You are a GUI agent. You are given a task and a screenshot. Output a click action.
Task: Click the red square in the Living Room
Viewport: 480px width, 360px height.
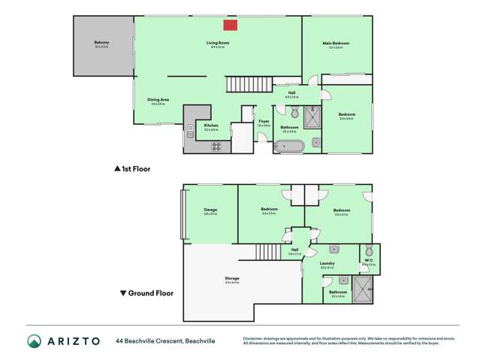(231, 26)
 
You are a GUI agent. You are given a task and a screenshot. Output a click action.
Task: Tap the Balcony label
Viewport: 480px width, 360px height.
(102, 43)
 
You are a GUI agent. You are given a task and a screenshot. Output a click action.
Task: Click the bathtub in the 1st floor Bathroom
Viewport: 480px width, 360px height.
(288, 146)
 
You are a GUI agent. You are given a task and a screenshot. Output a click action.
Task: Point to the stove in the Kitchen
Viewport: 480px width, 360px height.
(216, 147)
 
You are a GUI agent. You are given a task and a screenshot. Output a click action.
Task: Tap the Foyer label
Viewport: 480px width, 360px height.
(264, 121)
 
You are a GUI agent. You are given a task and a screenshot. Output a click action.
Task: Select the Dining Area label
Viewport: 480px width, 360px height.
(158, 100)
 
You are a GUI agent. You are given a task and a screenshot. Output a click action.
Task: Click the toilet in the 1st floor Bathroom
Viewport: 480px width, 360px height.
(294, 113)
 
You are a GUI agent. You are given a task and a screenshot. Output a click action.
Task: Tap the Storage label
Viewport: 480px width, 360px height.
(232, 279)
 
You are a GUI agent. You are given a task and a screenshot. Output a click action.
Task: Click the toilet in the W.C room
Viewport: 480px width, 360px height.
(368, 251)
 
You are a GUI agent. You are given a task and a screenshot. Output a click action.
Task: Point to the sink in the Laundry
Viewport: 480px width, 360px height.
(334, 249)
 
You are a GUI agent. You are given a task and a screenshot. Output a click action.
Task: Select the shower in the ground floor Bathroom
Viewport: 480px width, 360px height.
(363, 289)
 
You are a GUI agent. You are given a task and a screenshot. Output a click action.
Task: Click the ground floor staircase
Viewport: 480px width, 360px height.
(267, 252)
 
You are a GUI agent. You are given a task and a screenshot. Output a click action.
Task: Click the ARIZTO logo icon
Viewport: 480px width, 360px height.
(33, 340)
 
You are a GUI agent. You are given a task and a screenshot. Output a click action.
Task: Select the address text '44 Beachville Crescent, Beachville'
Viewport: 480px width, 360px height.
(165, 340)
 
